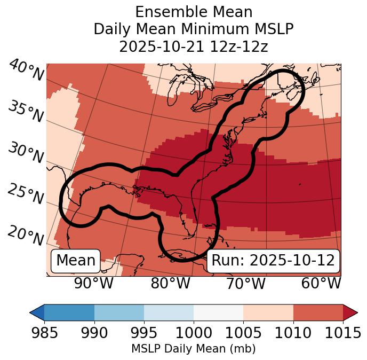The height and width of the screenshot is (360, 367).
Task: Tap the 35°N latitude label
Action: pos(26,111)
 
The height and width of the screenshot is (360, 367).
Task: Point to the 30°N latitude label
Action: pos(26,153)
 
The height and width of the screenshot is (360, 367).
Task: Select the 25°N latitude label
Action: pos(26,194)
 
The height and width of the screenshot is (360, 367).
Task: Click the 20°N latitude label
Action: pos(26,235)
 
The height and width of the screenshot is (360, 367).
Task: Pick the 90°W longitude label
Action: pos(94,283)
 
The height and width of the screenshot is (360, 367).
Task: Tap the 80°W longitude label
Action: pos(170,283)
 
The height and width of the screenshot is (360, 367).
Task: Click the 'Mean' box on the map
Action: pos(76,261)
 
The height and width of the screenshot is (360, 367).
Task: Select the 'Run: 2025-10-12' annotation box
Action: pos(273,261)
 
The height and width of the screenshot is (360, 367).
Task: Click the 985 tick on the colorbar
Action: pos(44,333)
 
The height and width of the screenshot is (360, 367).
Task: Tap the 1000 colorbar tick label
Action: pos(194,333)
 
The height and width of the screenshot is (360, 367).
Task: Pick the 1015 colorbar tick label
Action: pos(342,333)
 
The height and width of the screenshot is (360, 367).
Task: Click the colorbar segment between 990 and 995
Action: pos(119,312)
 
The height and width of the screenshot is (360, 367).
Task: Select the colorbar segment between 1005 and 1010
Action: pos(268,312)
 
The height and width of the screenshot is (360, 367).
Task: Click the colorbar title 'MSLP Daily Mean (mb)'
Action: pos(193,349)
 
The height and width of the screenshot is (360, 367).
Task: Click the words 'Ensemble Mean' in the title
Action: pos(193,12)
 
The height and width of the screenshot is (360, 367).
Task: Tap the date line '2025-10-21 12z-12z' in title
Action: pos(193,46)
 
